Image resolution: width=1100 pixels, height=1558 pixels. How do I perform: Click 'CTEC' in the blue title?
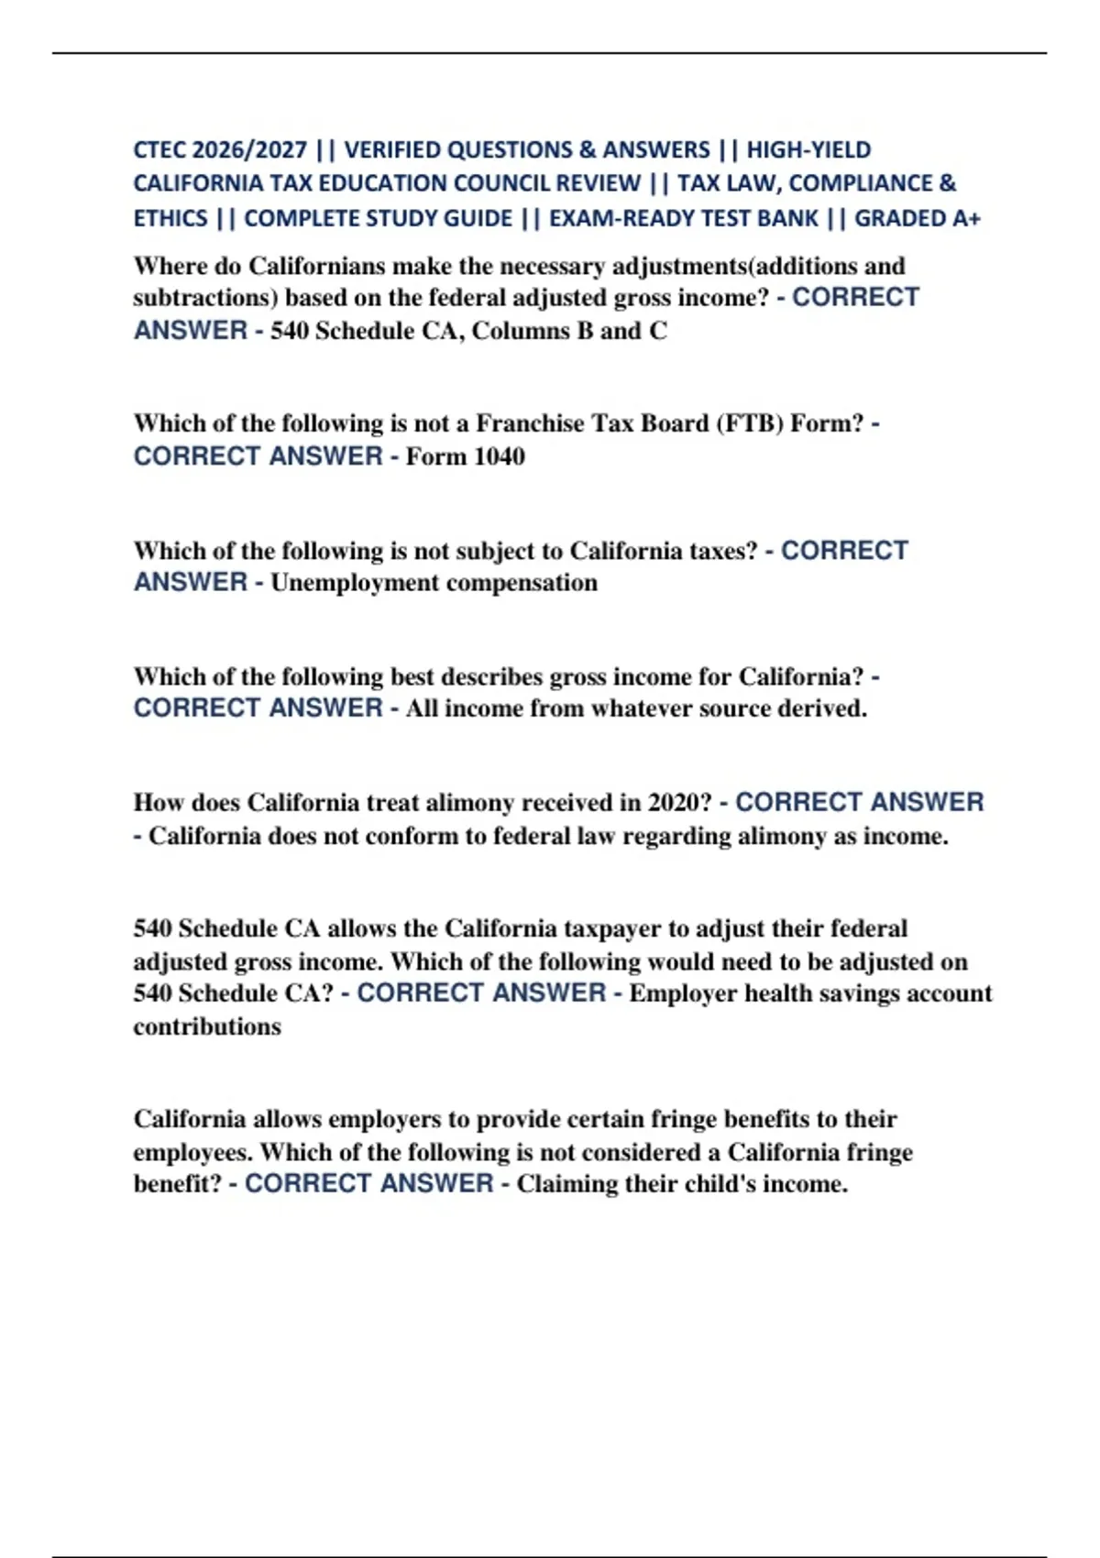pos(160,149)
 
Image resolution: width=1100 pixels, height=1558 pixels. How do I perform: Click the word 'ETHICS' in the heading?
pos(170,219)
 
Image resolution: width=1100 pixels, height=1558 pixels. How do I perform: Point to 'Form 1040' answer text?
pos(465,456)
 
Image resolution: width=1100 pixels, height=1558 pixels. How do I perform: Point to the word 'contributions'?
pos(207,1026)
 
